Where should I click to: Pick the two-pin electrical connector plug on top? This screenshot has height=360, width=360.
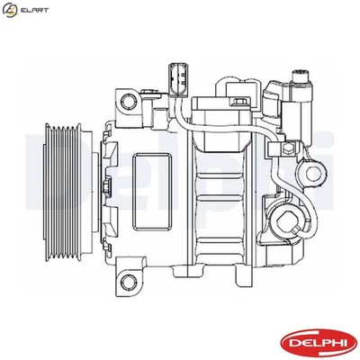[175, 81]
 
